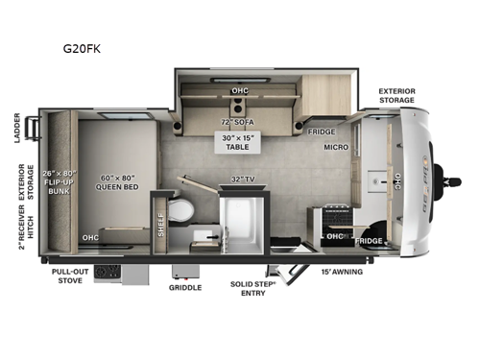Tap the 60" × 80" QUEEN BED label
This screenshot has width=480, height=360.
click(x=120, y=182)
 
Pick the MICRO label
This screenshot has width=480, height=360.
click(x=334, y=150)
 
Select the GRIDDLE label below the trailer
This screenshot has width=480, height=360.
click(x=184, y=287)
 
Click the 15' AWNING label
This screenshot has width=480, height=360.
click(x=342, y=273)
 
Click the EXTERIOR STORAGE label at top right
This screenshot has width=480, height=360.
click(x=396, y=95)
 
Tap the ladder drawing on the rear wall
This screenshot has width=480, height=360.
click(x=36, y=126)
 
